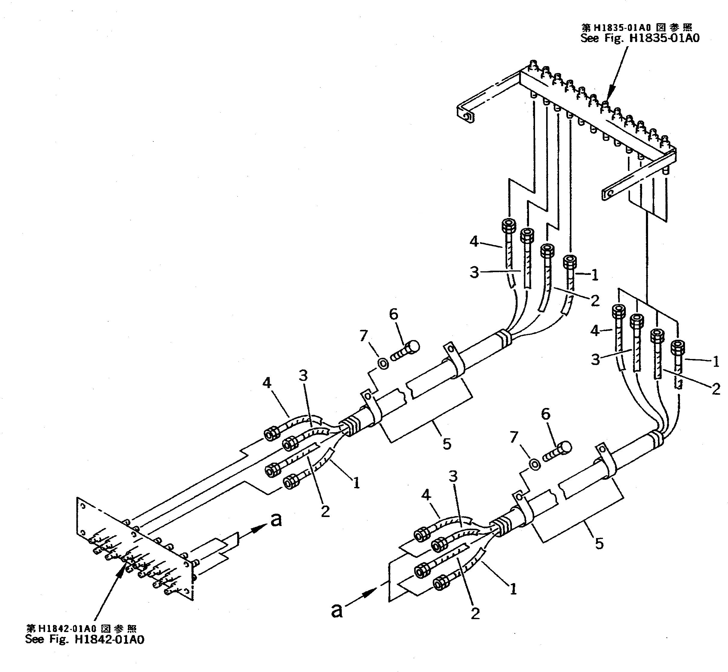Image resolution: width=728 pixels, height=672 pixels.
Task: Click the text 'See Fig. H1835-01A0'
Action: tap(640, 38)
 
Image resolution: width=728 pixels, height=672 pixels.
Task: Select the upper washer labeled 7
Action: tap(382, 363)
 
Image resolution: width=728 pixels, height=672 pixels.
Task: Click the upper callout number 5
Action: tap(447, 444)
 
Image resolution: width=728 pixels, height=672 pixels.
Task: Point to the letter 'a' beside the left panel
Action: tap(276, 520)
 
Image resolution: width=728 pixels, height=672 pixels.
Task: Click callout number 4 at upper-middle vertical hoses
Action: tap(474, 241)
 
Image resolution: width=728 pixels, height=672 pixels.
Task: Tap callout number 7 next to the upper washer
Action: tap(363, 336)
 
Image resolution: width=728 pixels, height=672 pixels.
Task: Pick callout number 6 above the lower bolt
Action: tap(546, 414)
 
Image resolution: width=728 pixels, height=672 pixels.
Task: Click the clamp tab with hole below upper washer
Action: tap(366, 395)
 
